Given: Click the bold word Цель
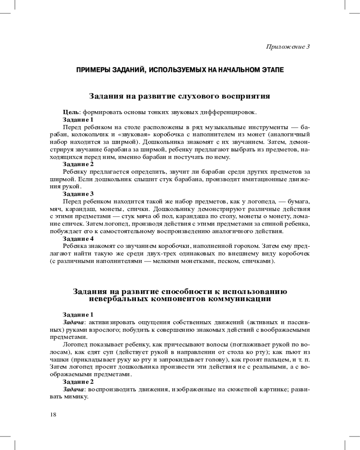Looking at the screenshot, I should click(x=71, y=112).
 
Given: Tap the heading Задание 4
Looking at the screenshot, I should click(x=78, y=238).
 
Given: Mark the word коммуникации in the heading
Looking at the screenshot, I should click(x=242, y=298).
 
